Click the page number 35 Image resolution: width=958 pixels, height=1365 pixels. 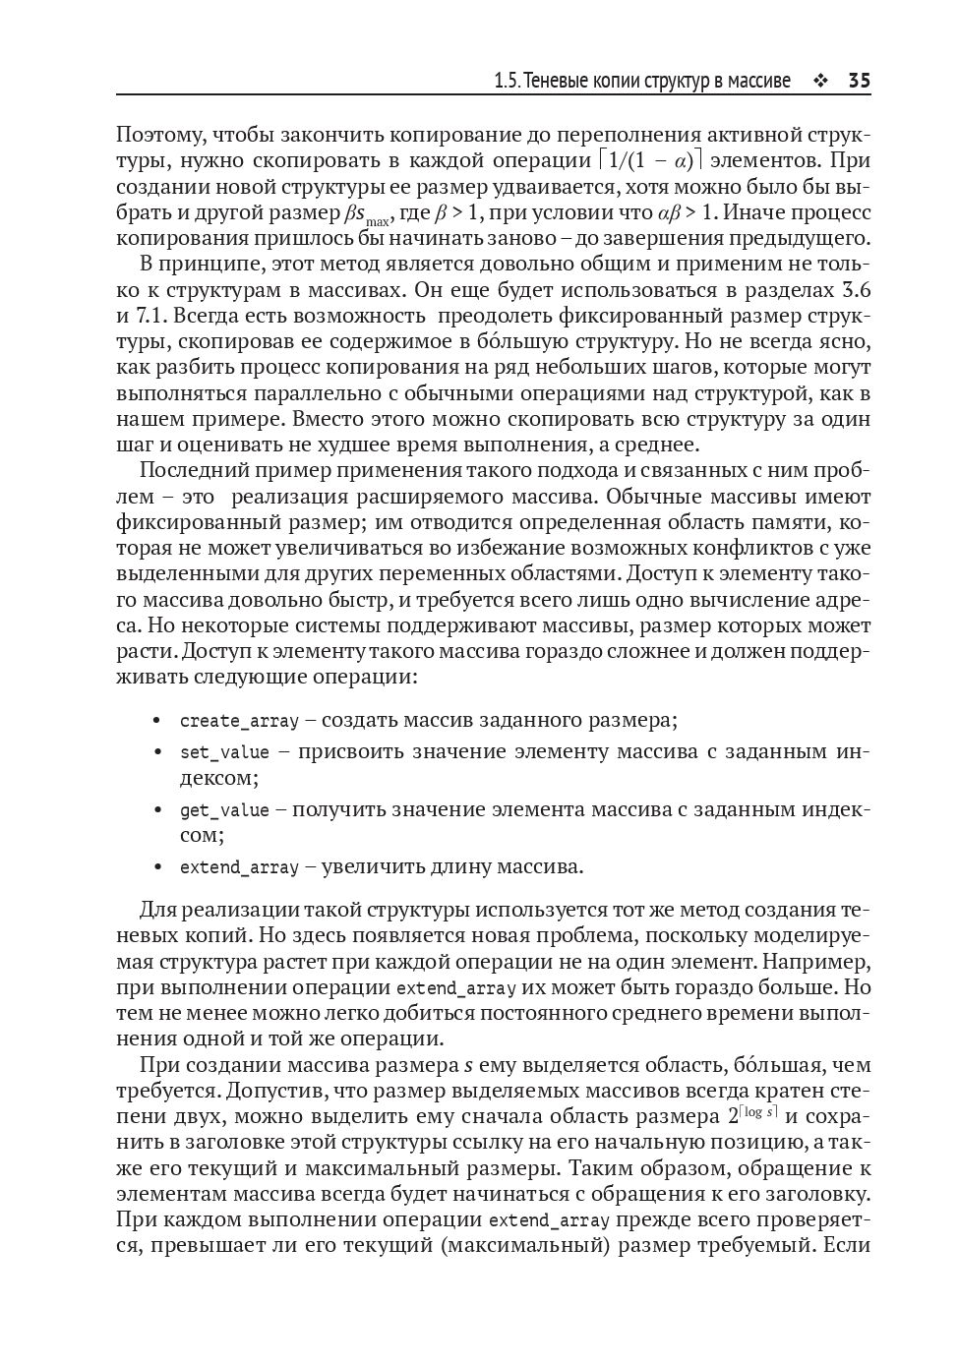pyautogui.click(x=859, y=81)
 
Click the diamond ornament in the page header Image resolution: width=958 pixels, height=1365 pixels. pyautogui.click(x=819, y=82)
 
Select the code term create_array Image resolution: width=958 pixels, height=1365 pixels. pyautogui.click(x=239, y=721)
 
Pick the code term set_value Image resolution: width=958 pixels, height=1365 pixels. pyautogui.click(x=224, y=752)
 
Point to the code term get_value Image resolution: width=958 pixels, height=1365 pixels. pyautogui.click(x=224, y=810)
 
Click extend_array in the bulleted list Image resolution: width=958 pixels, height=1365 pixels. pyautogui.click(x=239, y=867)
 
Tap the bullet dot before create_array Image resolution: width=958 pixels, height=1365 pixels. pyautogui.click(x=156, y=721)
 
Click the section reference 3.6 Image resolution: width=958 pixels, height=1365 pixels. pyautogui.click(x=857, y=290)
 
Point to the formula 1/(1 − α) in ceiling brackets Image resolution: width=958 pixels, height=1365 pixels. pyautogui.click(x=650, y=160)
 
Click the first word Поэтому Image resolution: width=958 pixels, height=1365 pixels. pyautogui.click(x=157, y=135)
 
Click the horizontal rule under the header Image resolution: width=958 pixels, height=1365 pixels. pyautogui.click(x=493, y=95)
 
